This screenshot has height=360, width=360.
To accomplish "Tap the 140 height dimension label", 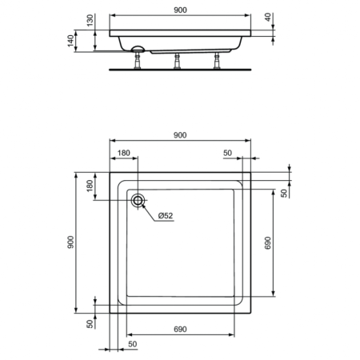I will [72, 41].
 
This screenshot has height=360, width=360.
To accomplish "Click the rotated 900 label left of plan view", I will [73, 242].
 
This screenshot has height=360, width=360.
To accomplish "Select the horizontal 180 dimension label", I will [124, 153].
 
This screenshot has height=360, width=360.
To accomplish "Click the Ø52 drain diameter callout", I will [166, 216].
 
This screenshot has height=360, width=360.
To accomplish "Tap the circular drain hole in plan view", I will [138, 201].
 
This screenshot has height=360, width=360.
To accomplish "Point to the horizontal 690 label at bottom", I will [181, 329].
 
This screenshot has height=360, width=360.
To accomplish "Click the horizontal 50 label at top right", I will [227, 153].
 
